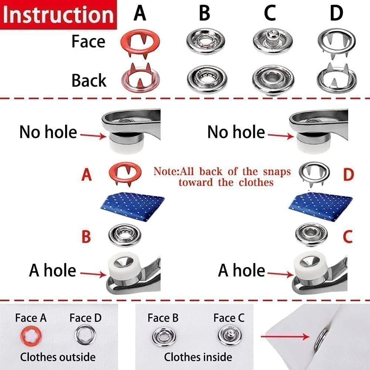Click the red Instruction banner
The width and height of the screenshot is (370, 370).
coord(58,15)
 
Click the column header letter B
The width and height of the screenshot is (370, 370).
coord(204,13)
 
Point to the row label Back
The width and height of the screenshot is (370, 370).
coord(89,80)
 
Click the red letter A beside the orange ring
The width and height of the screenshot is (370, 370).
coord(86,175)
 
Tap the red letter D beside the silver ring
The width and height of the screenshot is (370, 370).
coord(348,175)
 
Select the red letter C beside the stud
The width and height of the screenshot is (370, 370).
coord(348,237)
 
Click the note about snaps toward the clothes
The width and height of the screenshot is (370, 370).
coord(222,177)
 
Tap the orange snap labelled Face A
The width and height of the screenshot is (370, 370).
coord(31,336)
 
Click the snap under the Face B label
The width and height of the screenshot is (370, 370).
coord(163,336)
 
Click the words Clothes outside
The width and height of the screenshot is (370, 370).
coord(58,357)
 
